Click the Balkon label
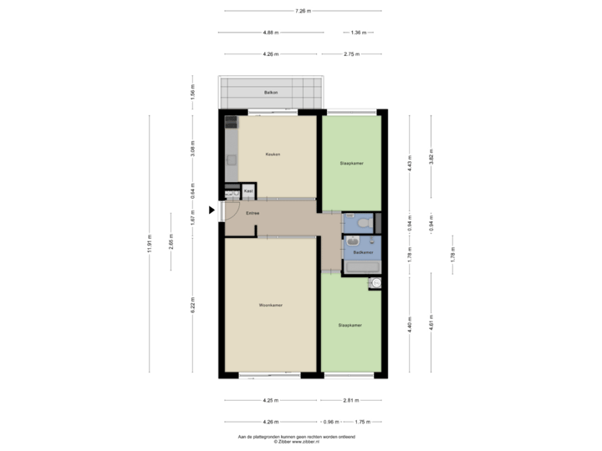[x=270, y=92]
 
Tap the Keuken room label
[x=273, y=155]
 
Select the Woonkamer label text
[x=270, y=305]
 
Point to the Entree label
[x=253, y=214]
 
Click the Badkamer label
[x=362, y=251]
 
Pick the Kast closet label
[x=248, y=191]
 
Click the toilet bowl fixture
[x=361, y=223]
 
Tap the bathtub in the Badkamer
[x=363, y=267]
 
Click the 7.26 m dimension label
[x=303, y=11]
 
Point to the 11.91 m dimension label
[x=150, y=243]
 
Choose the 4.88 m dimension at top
[x=270, y=33]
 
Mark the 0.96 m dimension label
[x=329, y=422]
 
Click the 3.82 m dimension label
[x=431, y=161]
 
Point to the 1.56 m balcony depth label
[x=193, y=92]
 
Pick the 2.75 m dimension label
[x=352, y=54]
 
